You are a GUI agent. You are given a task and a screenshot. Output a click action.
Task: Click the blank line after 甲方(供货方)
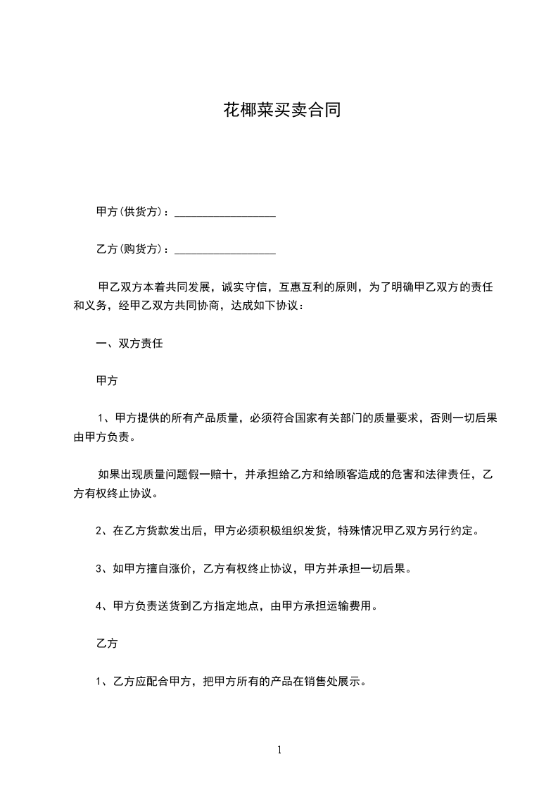pos(224,213)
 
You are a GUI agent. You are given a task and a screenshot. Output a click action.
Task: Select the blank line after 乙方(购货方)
pos(224,250)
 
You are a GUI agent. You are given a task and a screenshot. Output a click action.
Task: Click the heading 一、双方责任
pos(129,344)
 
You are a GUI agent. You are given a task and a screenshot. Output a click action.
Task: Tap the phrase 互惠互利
pos(302,287)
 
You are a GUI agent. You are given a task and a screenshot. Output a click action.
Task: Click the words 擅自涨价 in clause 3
pos(170,569)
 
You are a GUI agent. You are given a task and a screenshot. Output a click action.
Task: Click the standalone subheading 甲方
pos(106,381)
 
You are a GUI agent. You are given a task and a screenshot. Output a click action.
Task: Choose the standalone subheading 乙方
pos(106,644)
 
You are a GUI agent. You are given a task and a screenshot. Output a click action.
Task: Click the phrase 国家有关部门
pos(331,418)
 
